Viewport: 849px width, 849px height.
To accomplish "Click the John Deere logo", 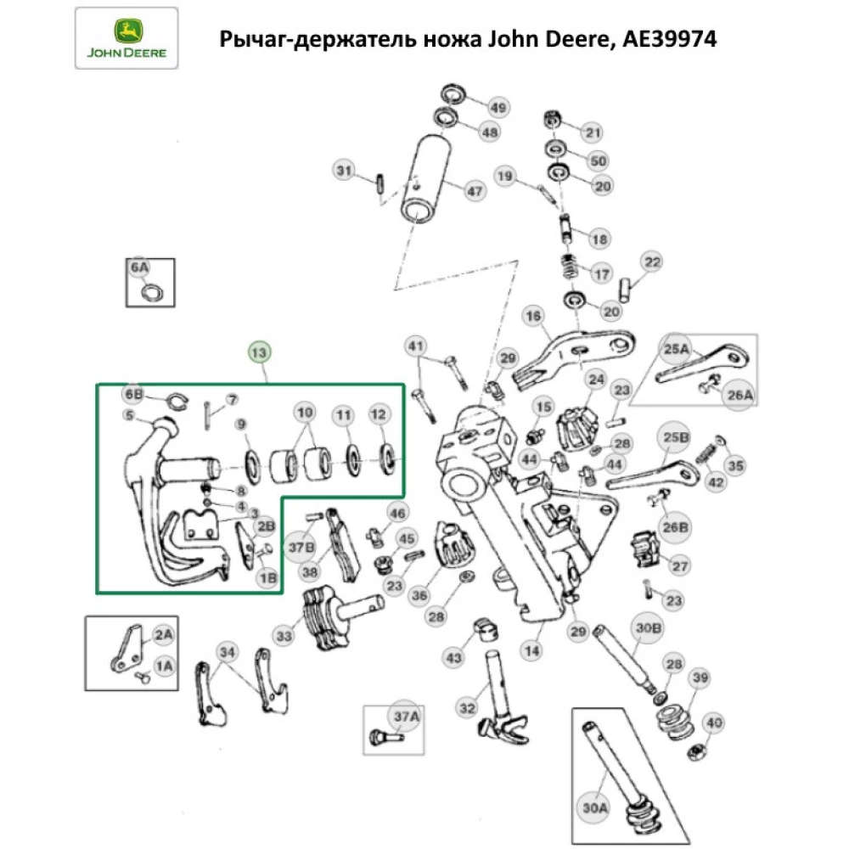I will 126,38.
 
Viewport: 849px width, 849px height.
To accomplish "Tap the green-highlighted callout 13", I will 260,352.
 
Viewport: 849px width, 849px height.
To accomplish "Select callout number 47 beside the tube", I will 474,193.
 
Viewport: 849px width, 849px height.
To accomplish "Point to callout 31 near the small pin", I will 342,171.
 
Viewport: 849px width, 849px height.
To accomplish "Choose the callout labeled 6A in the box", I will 139,269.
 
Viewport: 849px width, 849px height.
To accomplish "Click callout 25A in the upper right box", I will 678,347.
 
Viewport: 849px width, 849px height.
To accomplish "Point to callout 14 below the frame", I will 531,652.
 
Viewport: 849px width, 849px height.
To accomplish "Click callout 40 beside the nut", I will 714,723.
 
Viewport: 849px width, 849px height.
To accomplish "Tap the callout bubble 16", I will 533,317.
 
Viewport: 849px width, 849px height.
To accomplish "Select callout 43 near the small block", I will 455,657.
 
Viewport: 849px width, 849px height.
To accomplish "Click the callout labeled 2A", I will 162,633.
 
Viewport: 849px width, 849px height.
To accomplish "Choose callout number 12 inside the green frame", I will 379,415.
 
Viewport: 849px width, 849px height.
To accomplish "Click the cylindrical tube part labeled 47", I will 430,181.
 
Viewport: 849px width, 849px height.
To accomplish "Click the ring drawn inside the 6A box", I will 152,293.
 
